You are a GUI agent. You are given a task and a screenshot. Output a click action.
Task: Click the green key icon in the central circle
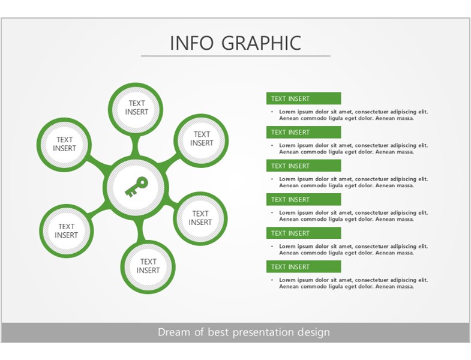[x=136, y=187]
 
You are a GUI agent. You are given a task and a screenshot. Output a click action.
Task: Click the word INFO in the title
[x=192, y=43]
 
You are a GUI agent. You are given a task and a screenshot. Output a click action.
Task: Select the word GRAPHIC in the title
[x=262, y=43]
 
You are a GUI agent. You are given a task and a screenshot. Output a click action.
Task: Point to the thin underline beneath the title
[x=235, y=56]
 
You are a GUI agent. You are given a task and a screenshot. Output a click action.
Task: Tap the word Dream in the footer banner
[x=173, y=332]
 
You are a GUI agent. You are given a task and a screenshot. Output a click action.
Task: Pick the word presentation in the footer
[x=263, y=332]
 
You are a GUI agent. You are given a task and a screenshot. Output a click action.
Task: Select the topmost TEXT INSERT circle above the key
[x=136, y=109]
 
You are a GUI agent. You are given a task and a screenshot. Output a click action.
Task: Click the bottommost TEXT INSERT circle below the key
[x=148, y=266]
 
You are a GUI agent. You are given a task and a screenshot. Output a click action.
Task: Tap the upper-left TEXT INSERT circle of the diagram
[x=64, y=145]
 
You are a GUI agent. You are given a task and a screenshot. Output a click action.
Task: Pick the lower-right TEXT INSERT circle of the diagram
[x=200, y=218]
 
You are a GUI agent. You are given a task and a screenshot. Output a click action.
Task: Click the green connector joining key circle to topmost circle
[x=136, y=146]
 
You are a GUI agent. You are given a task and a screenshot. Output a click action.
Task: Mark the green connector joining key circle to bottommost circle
[x=141, y=230]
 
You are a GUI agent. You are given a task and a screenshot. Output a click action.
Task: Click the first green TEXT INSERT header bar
[x=304, y=98]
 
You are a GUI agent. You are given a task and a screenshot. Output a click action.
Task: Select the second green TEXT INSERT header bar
[x=304, y=132]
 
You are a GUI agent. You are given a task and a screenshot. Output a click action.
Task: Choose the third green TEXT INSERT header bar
[x=304, y=166]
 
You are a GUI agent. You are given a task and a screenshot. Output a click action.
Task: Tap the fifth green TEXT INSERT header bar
[x=304, y=233]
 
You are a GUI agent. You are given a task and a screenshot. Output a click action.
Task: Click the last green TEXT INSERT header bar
[x=304, y=266]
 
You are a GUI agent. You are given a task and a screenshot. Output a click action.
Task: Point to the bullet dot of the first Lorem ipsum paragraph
[x=272, y=112]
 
